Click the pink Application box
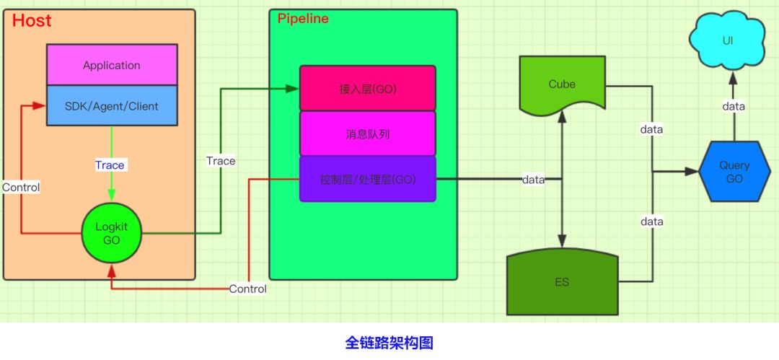click(112, 65)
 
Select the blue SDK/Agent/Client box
click(112, 106)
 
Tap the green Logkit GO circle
click(111, 233)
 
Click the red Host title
click(32, 21)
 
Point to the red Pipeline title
click(303, 19)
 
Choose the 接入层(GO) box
click(368, 89)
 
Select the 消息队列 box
click(368, 133)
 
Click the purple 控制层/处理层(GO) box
click(368, 179)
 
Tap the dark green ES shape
click(562, 282)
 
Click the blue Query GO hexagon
click(734, 172)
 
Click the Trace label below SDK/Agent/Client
click(110, 165)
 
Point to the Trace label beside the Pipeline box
click(221, 161)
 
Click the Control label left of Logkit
click(21, 187)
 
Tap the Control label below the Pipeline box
click(247, 289)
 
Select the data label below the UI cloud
click(734, 106)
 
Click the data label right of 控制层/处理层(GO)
click(534, 179)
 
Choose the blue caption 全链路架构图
click(389, 343)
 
